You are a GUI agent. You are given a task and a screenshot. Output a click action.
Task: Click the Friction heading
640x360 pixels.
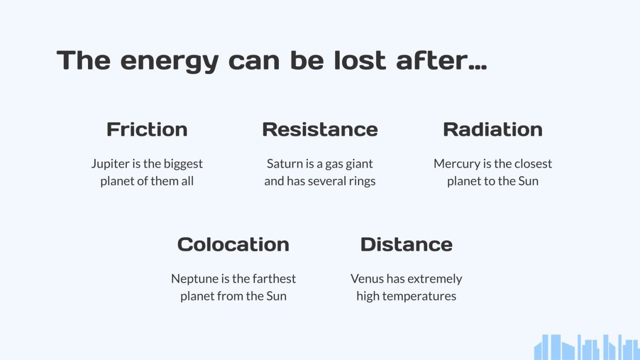(x=147, y=130)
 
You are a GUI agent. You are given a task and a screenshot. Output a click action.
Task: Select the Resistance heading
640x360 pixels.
(x=320, y=130)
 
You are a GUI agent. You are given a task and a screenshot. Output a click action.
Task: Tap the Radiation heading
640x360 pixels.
(x=493, y=130)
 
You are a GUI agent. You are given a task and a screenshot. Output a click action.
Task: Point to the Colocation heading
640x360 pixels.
(x=233, y=245)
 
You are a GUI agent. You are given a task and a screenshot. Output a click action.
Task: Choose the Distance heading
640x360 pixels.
(x=406, y=245)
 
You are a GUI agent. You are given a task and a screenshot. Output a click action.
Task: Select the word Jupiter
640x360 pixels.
(x=110, y=164)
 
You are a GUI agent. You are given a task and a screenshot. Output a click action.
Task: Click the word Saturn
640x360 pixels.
(x=285, y=164)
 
